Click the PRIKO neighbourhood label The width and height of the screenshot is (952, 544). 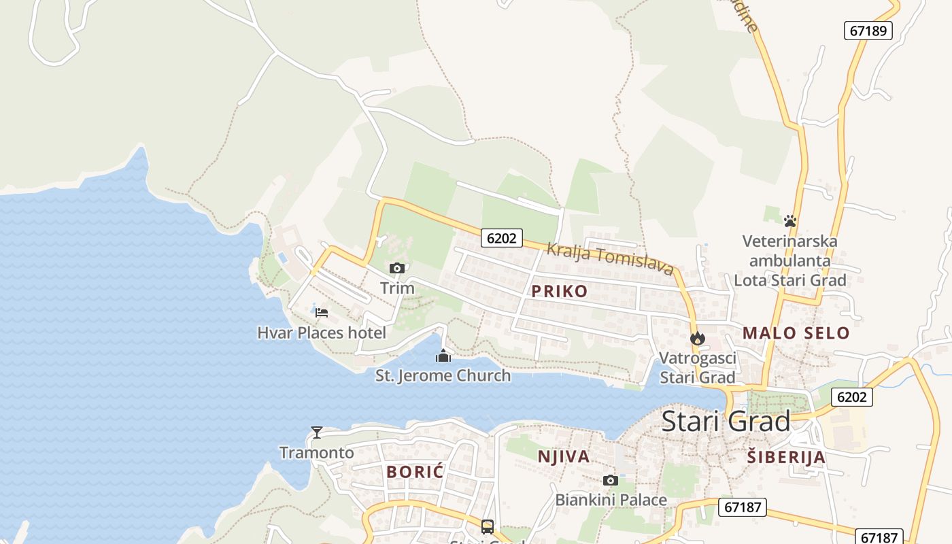tap(559, 291)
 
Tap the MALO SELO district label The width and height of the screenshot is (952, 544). tap(796, 333)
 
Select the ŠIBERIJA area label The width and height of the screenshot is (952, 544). tap(786, 457)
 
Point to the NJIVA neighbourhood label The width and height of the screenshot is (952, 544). tap(564, 456)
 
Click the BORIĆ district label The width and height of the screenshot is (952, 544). tap(415, 471)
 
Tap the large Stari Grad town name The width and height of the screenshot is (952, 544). tap(726, 421)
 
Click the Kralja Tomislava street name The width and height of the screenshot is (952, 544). tap(610, 258)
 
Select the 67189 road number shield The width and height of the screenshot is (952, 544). tap(868, 31)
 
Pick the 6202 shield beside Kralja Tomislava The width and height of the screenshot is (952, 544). tap(502, 237)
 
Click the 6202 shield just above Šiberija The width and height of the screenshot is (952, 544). tap(851, 396)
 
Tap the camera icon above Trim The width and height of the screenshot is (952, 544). tap(397, 269)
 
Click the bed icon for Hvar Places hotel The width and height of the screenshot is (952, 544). tap(322, 313)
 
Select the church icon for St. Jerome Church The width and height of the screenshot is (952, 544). tap(443, 356)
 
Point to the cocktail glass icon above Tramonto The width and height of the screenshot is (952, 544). tap(317, 432)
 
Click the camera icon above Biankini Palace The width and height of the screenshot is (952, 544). tap(611, 481)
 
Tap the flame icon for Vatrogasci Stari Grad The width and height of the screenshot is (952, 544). tap(697, 338)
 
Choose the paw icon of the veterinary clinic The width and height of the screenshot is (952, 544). tap(789, 221)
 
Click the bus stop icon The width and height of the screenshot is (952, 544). tap(488, 526)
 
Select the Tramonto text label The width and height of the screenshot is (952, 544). tap(317, 452)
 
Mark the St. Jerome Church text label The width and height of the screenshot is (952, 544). tap(443, 375)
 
